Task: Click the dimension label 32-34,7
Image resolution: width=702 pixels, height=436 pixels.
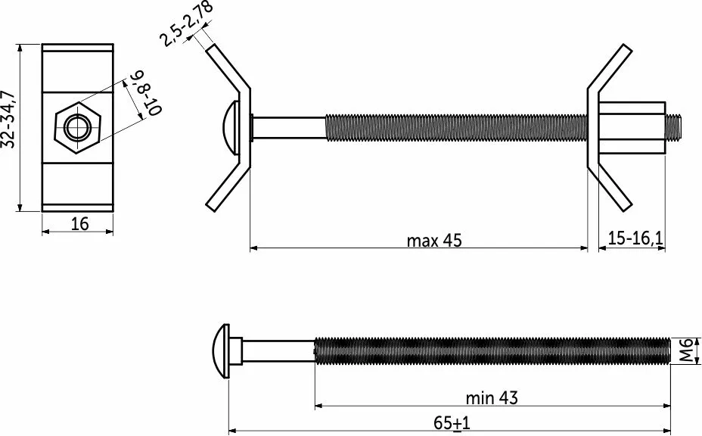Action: coord(9,119)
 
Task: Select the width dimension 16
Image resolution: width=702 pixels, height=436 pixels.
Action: coord(80,223)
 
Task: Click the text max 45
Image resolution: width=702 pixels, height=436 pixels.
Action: coord(433,241)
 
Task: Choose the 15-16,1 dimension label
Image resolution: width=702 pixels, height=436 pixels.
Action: coord(635,238)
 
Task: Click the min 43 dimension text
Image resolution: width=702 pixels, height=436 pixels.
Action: coord(492,397)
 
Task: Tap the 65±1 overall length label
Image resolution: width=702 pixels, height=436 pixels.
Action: coord(452,422)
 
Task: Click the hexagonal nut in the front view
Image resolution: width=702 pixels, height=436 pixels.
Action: coord(78,128)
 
